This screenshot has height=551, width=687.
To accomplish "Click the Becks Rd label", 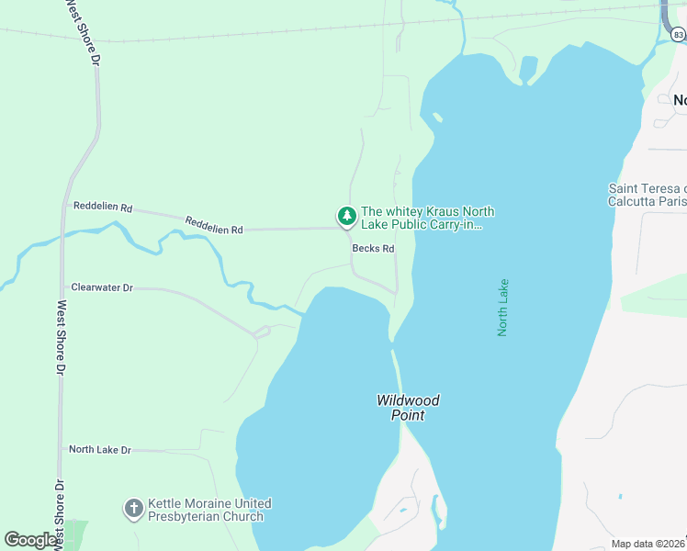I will (x=373, y=249).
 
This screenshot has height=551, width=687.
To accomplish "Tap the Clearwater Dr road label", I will (x=102, y=287).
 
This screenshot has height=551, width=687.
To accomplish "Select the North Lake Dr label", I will (x=100, y=450).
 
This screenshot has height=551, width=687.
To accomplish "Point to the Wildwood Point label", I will (x=408, y=407).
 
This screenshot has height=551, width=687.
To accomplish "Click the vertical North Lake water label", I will (x=502, y=308).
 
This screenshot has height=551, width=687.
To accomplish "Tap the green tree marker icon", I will (x=346, y=217).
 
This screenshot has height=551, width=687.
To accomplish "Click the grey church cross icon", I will (x=133, y=509).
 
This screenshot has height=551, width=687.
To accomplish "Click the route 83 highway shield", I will (x=678, y=34).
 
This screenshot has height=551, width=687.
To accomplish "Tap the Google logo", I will (x=31, y=539).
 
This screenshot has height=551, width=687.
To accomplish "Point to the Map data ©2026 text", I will (x=648, y=544).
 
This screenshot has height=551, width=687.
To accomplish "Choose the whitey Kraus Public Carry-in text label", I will (x=422, y=218).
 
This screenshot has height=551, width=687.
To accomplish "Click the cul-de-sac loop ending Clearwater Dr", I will (x=262, y=332).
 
